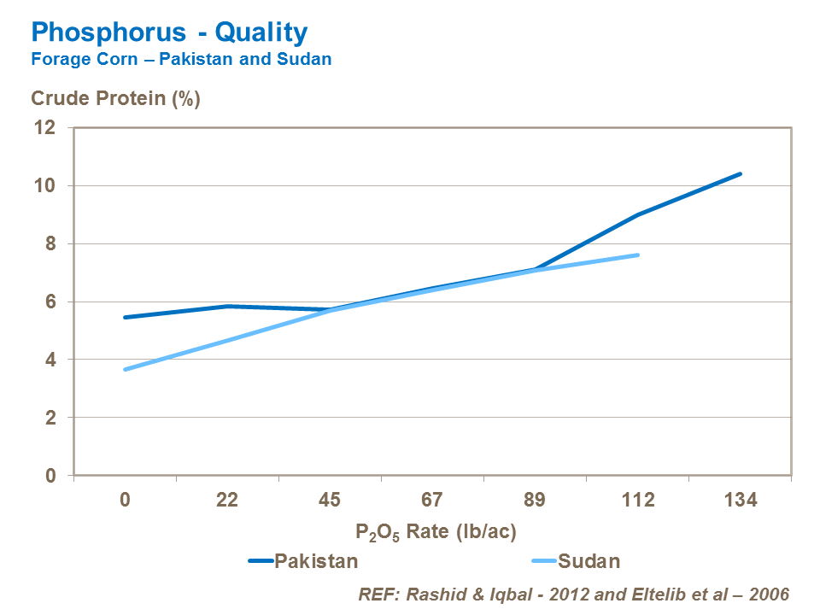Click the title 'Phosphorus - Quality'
pos(169,33)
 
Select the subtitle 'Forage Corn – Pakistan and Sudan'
pos(181,60)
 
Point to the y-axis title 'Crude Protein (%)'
pos(115,99)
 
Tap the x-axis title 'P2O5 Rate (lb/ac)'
pos(436,531)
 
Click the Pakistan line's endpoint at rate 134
pos(740,173)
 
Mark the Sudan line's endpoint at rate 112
pos(637,255)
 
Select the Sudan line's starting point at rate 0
pos(126,369)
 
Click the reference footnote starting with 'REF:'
pos(573,593)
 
